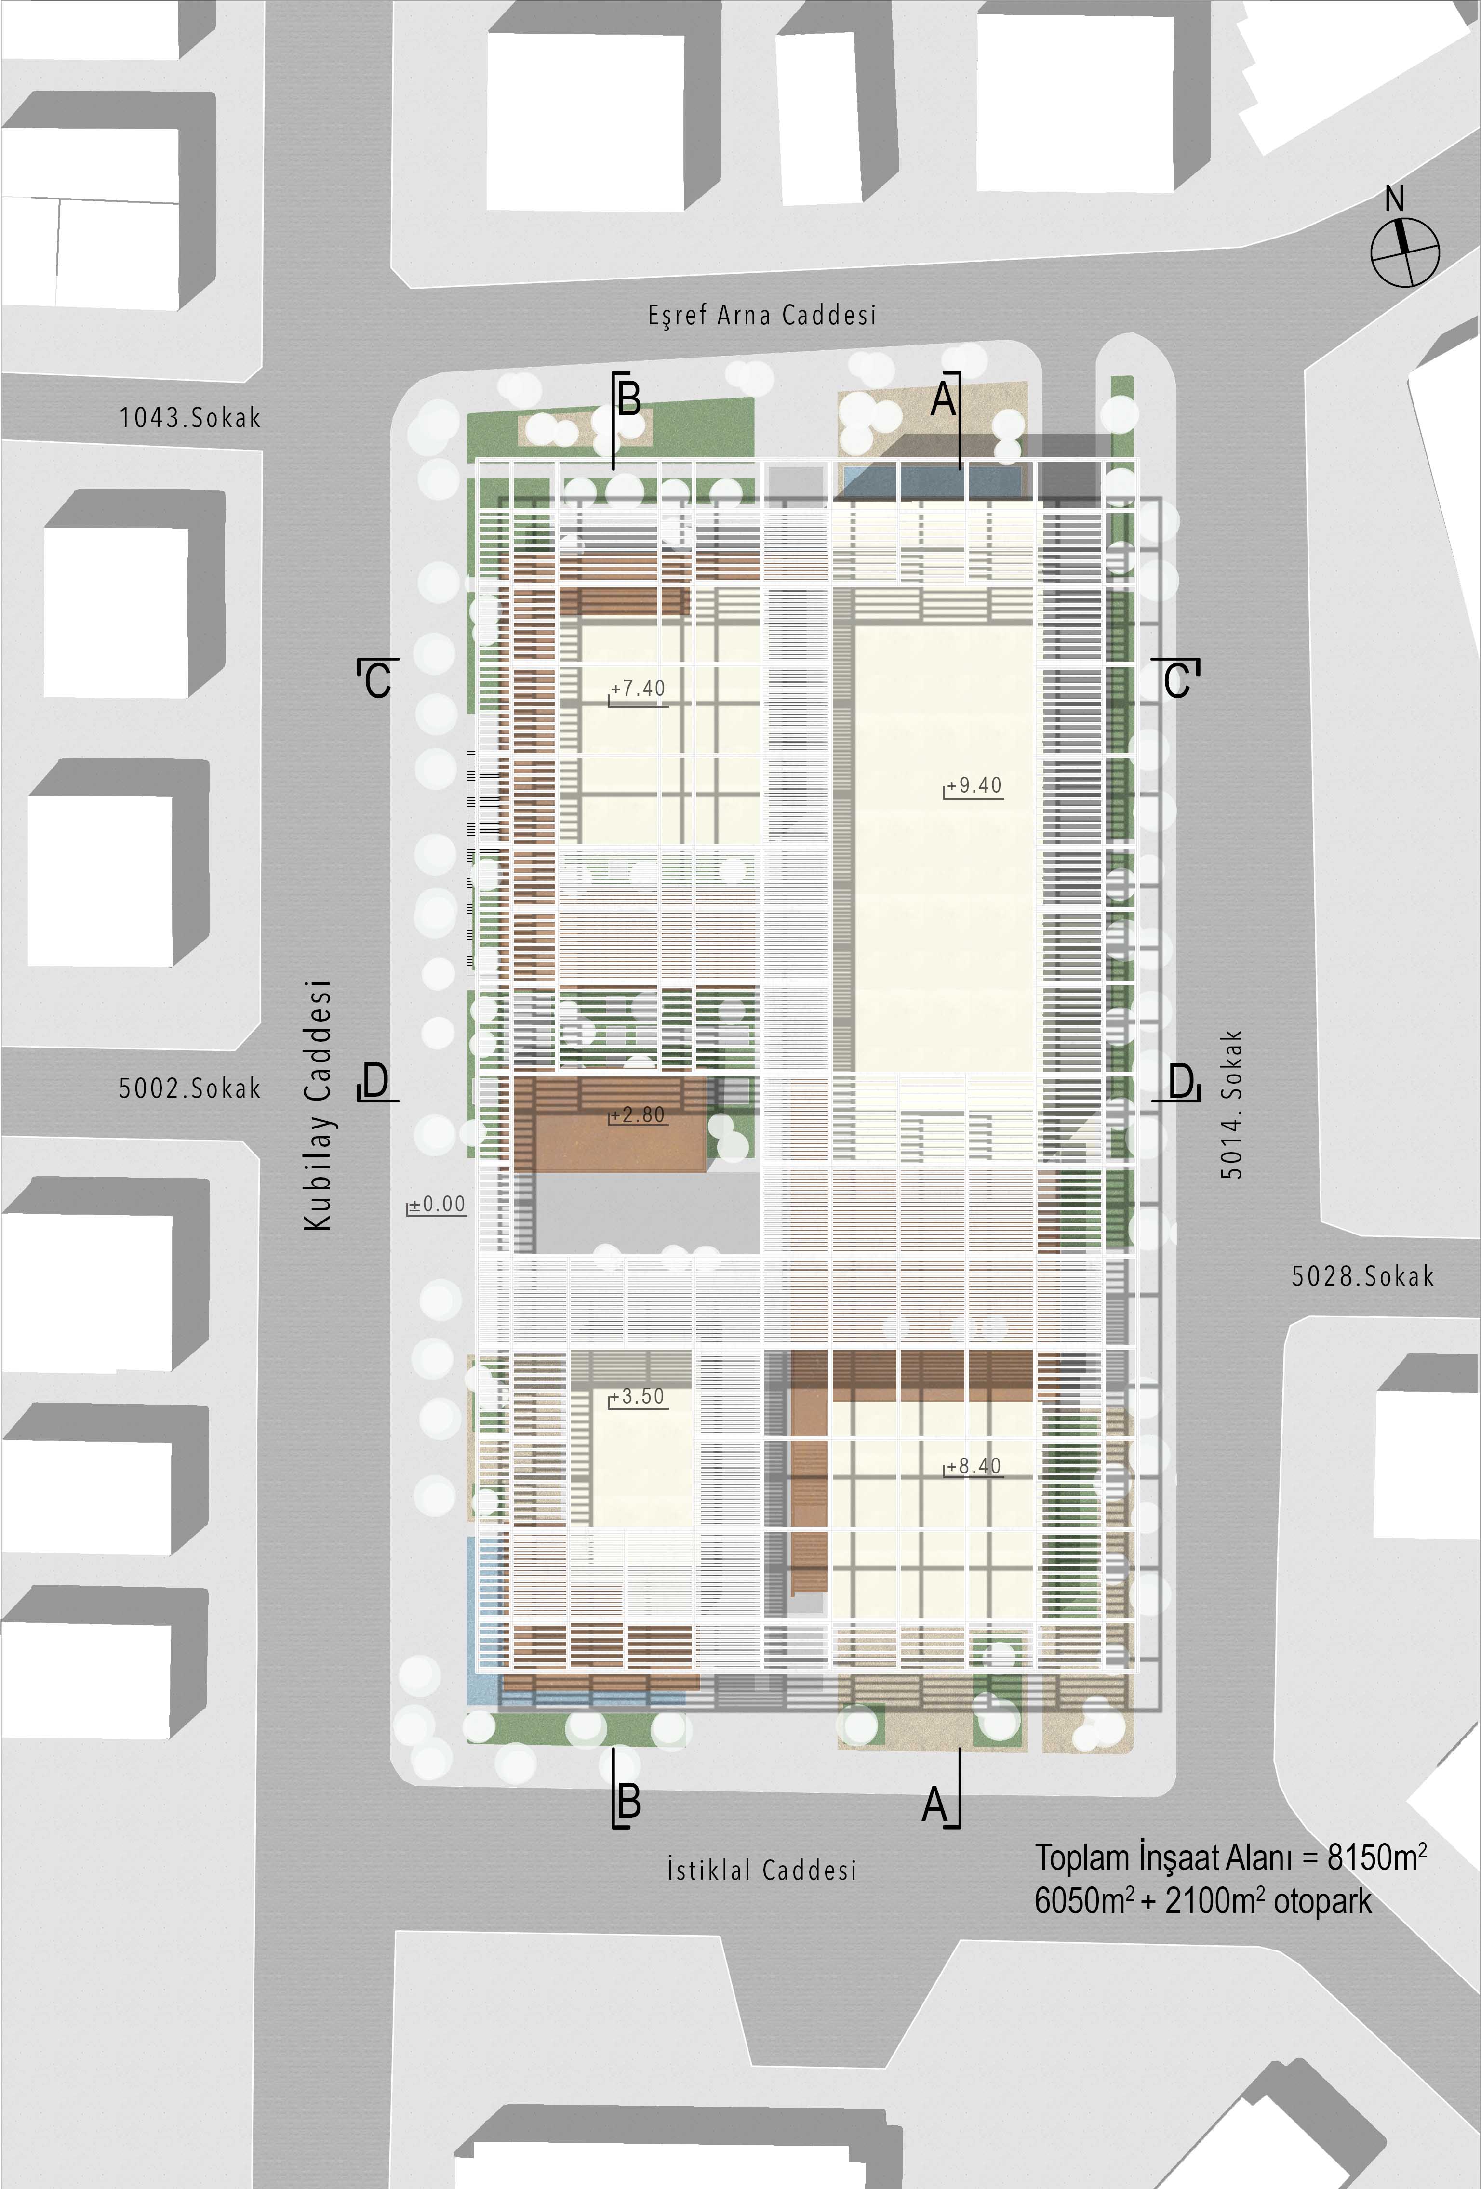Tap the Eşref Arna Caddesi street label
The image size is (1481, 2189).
tap(762, 315)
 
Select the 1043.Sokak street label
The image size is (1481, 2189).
tap(189, 417)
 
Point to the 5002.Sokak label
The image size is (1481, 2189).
tap(189, 1088)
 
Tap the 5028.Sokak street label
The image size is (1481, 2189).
tap(1362, 1276)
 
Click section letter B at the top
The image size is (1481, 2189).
tap(628, 399)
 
